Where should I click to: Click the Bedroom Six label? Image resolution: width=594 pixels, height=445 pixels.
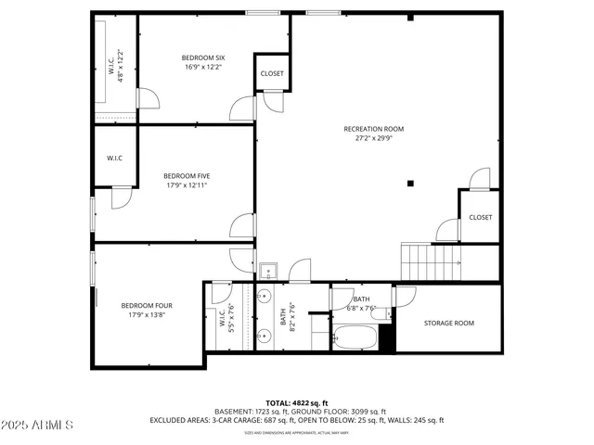click(x=203, y=57)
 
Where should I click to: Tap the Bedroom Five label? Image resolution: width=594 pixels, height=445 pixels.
click(x=187, y=175)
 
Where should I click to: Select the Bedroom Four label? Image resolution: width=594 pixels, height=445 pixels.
click(x=146, y=305)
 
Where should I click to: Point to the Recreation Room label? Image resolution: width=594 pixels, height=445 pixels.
click(x=373, y=129)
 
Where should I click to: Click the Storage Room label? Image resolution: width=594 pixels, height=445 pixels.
click(x=448, y=323)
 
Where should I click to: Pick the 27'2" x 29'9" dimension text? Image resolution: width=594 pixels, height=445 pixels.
click(x=373, y=139)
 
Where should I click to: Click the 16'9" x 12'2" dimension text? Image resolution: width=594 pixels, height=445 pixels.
click(x=203, y=67)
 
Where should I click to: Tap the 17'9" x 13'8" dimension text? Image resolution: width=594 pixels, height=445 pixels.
click(x=146, y=314)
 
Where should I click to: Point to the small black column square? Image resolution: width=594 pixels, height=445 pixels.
click(x=409, y=183)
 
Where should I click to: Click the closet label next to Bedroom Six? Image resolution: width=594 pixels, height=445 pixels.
click(x=272, y=73)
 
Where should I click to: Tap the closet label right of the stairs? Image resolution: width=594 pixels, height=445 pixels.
click(x=480, y=217)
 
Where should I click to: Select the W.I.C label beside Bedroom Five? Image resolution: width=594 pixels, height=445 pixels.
click(x=114, y=158)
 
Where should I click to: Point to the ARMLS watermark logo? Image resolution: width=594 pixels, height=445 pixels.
click(x=38, y=425)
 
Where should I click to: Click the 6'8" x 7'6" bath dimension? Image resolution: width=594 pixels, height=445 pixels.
click(x=361, y=308)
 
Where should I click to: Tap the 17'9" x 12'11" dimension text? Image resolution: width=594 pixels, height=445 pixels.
click(x=187, y=184)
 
